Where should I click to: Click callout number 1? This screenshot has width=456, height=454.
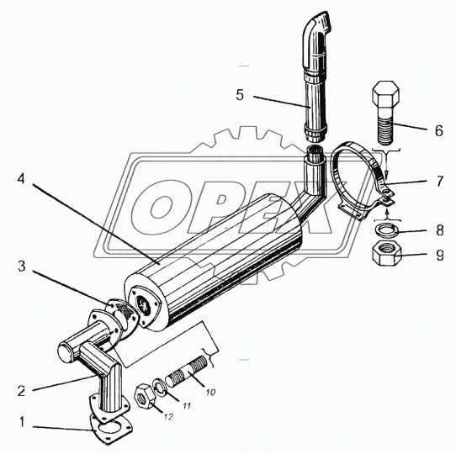(x=23, y=422)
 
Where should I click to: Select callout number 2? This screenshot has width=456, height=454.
(x=22, y=391)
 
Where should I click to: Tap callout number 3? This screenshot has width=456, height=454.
(x=22, y=267)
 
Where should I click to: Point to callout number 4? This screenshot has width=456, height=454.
(x=21, y=179)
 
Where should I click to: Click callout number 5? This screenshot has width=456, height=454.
(x=240, y=95)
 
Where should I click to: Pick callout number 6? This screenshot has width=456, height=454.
(x=439, y=130)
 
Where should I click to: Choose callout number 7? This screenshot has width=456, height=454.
(x=439, y=181)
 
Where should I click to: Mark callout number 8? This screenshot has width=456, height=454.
(x=440, y=230)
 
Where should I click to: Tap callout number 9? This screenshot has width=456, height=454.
(x=440, y=256)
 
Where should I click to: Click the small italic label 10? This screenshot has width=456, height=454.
(x=210, y=392)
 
